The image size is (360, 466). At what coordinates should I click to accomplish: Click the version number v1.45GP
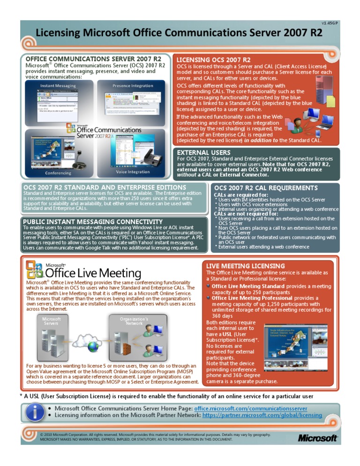click(x=330, y=23)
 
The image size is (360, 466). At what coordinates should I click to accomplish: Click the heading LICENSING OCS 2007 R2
click(x=213, y=60)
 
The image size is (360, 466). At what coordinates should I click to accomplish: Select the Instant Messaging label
click(x=57, y=86)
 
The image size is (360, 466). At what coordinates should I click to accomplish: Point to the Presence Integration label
click(x=133, y=86)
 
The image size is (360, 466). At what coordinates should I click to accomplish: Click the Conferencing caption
click(x=59, y=173)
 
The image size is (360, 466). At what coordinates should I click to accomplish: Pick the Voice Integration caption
click(x=133, y=172)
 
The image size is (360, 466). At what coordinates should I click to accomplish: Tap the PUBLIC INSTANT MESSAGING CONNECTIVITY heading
click(x=93, y=222)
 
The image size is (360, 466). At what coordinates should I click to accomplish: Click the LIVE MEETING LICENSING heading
click(x=245, y=266)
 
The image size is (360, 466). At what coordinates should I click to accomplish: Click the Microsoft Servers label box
click(x=51, y=321)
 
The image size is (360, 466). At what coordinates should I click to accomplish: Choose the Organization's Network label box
click(x=134, y=321)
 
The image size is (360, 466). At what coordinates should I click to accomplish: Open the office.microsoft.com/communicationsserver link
click(x=251, y=408)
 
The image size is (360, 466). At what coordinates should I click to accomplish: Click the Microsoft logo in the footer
click(x=318, y=438)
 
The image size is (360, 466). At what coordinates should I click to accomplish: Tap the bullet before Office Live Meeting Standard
click(x=208, y=286)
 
